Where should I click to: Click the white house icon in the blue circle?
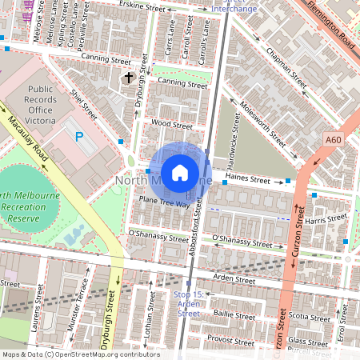[180, 172]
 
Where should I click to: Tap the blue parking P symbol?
[79, 137]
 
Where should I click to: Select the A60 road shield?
[334, 140]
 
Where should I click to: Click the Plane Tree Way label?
[165, 202]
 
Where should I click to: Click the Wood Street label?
[172, 125]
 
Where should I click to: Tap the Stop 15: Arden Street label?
[189, 303]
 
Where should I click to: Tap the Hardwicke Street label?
[237, 132]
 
